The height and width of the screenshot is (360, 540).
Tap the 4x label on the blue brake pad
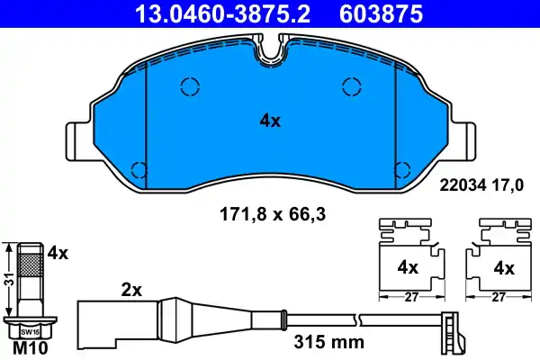269,121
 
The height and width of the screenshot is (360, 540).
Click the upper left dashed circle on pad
190,86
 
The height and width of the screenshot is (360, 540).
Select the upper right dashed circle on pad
352,86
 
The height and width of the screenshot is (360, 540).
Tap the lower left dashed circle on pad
139,168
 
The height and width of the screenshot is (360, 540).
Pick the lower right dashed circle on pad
402,168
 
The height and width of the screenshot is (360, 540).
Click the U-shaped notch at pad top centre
269,56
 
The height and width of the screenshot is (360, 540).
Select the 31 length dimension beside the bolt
7,281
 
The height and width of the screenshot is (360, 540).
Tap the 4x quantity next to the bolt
58,255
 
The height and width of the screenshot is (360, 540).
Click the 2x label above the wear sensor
131,291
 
